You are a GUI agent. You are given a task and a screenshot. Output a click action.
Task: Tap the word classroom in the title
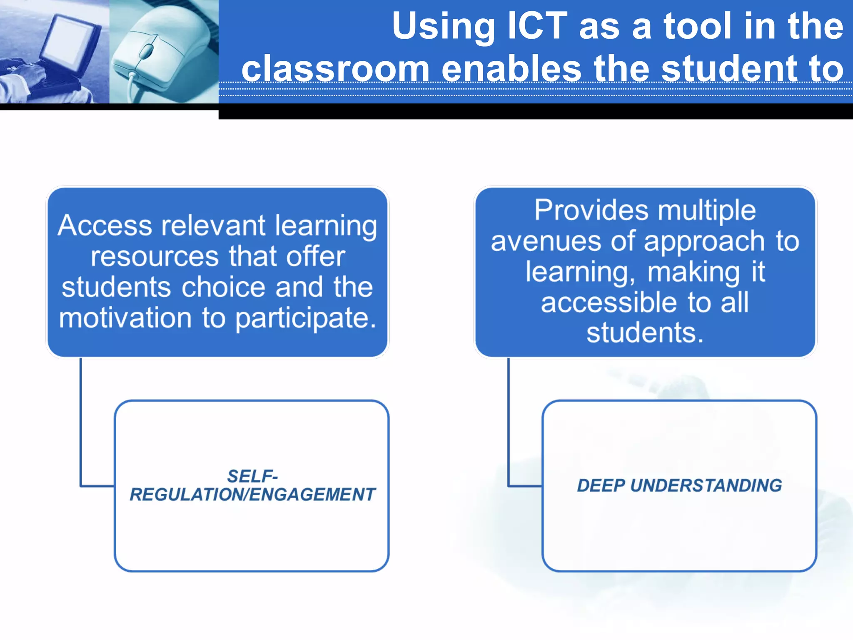(336, 68)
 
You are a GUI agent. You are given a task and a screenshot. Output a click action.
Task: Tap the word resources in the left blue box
(155, 256)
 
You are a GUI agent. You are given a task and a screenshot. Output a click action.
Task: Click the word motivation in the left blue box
(125, 318)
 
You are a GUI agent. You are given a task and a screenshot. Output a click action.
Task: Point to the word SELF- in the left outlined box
(252, 476)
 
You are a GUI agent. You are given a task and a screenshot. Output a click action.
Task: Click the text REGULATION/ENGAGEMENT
(252, 495)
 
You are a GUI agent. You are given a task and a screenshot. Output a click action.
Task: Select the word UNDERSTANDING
(706, 485)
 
